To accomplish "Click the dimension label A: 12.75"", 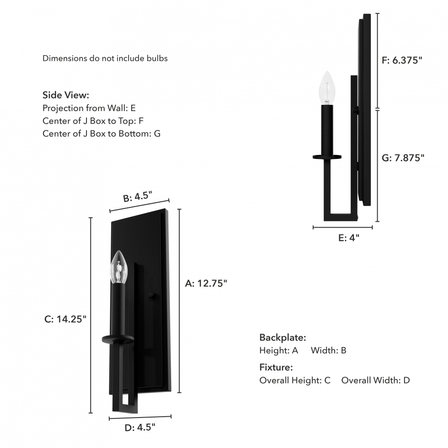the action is tap(206, 283).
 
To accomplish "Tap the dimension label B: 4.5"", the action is tap(138, 197).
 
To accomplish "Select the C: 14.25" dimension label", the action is tap(65, 319).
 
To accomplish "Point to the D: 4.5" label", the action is tap(140, 428).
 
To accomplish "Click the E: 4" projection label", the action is tap(349, 238).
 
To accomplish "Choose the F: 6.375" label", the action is tap(402, 60).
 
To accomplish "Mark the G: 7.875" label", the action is tap(403, 158).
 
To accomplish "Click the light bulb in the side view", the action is tap(327, 88).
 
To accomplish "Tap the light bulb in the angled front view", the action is tap(119, 267).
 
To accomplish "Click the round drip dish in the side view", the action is tap(327, 157).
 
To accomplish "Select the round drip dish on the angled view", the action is tap(118, 339).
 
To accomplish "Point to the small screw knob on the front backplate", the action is tap(152, 296).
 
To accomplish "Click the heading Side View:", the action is tap(66, 95).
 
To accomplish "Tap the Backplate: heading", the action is tap(283, 337).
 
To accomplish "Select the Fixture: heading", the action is tap(276, 367).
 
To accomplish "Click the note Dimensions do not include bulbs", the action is tap(105, 58).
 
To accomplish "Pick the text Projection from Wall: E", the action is tap(89, 108).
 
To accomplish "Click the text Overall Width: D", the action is tap(375, 380).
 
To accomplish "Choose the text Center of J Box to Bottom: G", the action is tap(101, 134).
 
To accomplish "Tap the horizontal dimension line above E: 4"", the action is tap(343, 228).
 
